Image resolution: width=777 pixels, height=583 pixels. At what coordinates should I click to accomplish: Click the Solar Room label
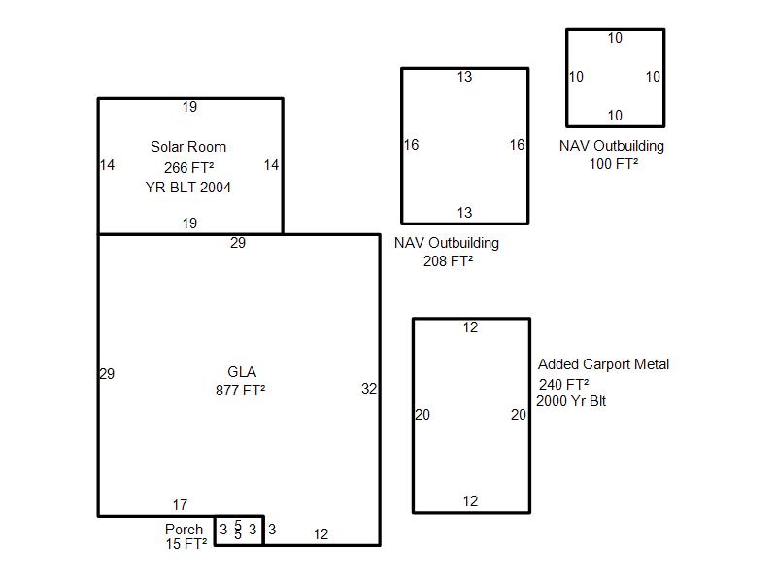188,147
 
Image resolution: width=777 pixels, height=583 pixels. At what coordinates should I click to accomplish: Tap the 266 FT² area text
188,167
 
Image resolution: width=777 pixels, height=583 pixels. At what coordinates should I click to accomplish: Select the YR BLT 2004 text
188,188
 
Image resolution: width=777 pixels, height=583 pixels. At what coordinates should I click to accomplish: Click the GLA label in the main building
242,372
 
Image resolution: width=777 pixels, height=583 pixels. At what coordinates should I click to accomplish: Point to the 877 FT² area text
240,391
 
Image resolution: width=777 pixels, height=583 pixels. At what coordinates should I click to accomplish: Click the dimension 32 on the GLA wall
369,388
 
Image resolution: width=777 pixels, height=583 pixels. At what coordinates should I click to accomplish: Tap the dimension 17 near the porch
180,505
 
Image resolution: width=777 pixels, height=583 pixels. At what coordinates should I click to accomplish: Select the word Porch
184,530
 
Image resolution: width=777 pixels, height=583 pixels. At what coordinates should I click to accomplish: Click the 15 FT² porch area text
186,544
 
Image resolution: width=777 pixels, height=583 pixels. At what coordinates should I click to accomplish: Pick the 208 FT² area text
448,260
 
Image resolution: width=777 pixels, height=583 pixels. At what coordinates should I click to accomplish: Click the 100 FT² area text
614,163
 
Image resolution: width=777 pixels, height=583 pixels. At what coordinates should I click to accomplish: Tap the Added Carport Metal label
603,364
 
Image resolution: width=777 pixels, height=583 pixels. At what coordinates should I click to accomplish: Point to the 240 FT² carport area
564,384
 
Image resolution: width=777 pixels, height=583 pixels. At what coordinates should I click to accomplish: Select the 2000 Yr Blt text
571,401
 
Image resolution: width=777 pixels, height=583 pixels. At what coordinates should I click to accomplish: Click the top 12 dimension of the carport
470,327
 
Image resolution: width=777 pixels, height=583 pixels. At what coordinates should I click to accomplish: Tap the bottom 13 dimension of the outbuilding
464,213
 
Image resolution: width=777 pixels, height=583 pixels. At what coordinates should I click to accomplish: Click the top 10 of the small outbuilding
615,38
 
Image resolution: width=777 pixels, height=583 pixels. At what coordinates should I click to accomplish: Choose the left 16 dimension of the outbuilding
411,145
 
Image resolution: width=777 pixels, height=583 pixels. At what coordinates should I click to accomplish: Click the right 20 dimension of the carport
519,415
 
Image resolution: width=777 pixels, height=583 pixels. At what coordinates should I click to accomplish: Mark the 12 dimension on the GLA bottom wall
321,534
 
